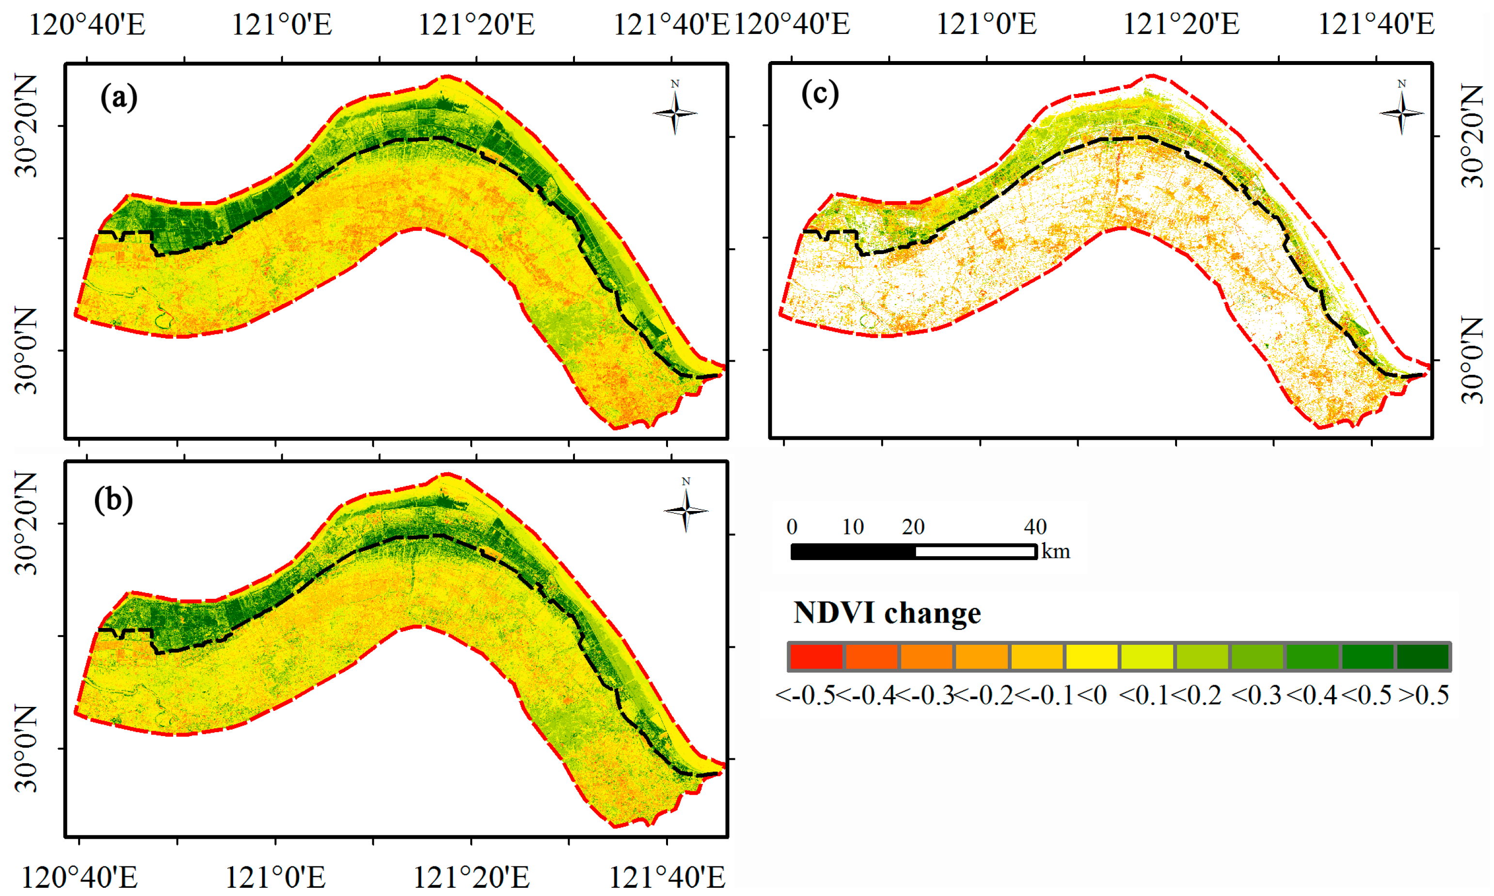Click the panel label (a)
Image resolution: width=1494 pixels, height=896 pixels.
click(x=119, y=96)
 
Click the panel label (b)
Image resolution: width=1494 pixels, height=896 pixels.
click(x=113, y=500)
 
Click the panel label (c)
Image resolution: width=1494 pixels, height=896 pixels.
click(x=820, y=94)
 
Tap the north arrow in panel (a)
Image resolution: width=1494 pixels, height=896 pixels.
click(x=675, y=110)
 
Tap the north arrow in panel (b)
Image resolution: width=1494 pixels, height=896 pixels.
click(x=686, y=509)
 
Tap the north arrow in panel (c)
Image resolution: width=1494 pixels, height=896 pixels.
click(x=1401, y=110)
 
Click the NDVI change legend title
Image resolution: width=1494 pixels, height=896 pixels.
click(x=887, y=613)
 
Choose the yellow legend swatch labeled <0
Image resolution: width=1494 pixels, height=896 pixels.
click(x=1091, y=657)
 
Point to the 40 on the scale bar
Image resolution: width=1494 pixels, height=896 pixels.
click(x=1034, y=527)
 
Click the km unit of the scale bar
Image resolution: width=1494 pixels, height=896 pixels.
click(x=1056, y=551)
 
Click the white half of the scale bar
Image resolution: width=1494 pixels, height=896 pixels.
click(x=975, y=551)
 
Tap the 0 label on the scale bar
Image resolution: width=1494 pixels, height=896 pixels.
click(x=792, y=527)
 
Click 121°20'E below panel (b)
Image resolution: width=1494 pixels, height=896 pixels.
click(x=471, y=877)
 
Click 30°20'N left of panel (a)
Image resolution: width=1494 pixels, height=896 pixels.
click(x=25, y=126)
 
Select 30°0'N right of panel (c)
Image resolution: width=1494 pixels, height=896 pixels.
click(x=1472, y=360)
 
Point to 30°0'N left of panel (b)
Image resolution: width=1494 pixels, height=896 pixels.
click(x=25, y=749)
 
